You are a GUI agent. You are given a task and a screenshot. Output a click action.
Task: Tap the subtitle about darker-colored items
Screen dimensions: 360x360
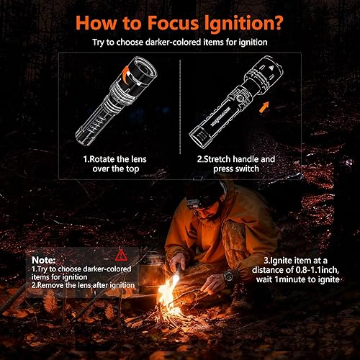point(179,42)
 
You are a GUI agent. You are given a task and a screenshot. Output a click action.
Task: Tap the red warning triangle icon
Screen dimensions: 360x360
point(121,253)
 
